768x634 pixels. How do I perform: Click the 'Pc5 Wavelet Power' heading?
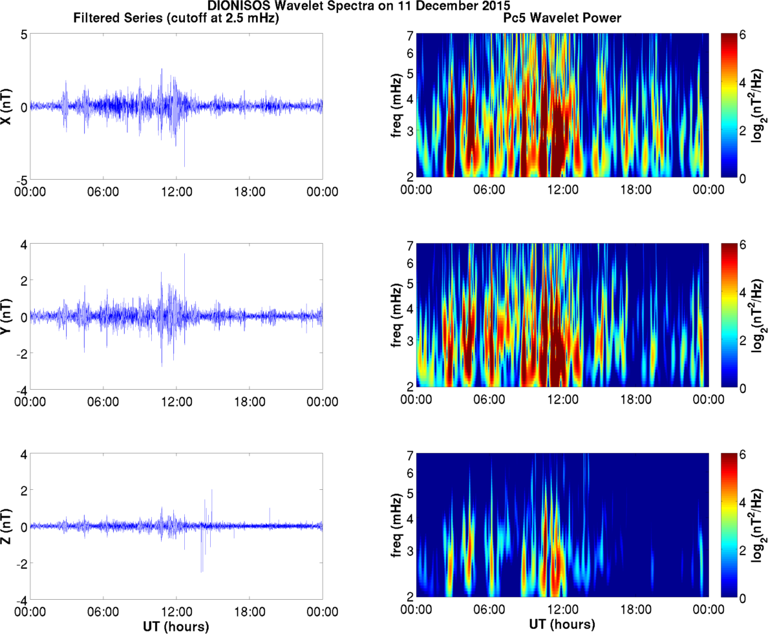click(562, 19)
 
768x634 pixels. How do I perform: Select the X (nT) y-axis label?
click(7, 107)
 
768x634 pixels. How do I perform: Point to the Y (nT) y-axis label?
click(7, 317)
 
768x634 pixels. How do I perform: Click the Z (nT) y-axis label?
click(7, 527)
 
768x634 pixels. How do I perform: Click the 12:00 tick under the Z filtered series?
click(176, 611)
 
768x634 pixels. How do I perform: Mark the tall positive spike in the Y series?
click(184, 255)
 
